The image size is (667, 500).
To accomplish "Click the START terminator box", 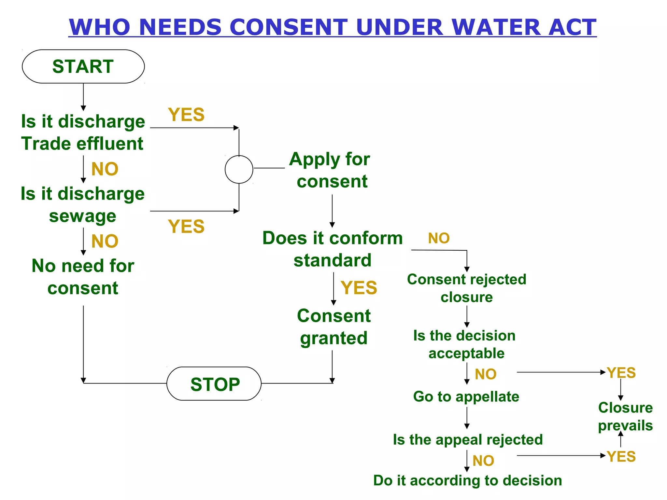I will pos(83,66).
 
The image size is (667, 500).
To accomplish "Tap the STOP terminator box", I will pos(214,384).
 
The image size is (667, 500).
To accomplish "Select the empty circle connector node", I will pos(239,169).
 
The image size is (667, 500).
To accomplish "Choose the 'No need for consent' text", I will pos(83,277).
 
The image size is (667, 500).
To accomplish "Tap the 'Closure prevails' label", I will pos(625,416).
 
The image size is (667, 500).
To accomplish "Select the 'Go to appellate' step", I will pos(466,396).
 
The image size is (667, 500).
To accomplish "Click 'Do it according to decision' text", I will pos(467,480).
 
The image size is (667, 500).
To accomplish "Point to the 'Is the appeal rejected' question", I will pos(468,439).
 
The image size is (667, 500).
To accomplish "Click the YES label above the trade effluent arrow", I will pos(186,115).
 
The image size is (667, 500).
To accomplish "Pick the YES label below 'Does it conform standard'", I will pos(359,288).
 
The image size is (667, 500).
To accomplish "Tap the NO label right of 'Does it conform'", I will pos(439,238).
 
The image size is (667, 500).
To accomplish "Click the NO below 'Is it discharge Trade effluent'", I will pos(105,169).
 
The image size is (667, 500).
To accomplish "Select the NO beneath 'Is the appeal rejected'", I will pos(483,461).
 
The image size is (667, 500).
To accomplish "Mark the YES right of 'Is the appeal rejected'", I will pos(621,456).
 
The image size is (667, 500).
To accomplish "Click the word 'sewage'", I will pos(83,216).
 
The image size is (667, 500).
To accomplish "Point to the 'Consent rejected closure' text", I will pos(466,288).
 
